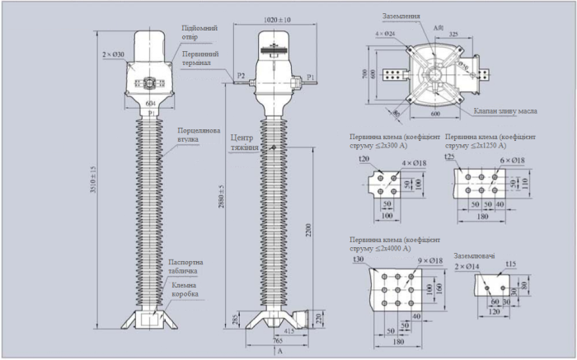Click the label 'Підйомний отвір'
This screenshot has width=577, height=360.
(x=196, y=32)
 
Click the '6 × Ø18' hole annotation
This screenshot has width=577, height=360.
(x=513, y=161)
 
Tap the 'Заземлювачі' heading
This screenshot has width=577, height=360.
(x=475, y=256)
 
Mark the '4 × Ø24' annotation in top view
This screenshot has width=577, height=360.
(x=385, y=34)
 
